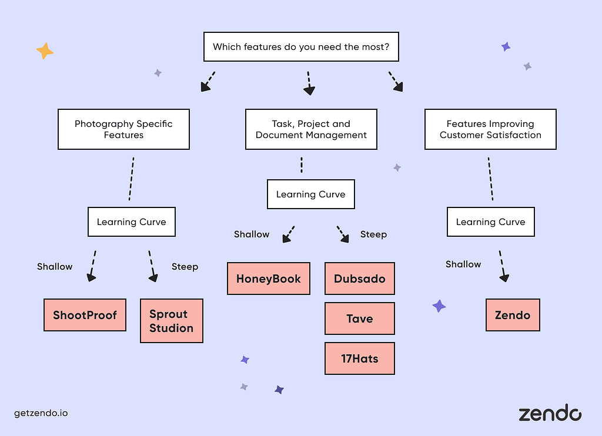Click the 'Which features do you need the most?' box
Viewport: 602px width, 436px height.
click(x=301, y=47)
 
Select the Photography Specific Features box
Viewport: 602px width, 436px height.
click(x=123, y=129)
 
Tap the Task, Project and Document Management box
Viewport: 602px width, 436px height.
click(x=311, y=129)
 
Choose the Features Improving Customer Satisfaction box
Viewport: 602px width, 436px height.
click(x=490, y=129)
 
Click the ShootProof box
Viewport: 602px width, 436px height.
click(x=85, y=315)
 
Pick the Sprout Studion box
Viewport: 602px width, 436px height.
click(x=172, y=321)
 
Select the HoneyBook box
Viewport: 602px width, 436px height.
click(x=268, y=279)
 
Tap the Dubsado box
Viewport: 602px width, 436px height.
click(x=360, y=279)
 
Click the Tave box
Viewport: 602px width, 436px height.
click(x=360, y=318)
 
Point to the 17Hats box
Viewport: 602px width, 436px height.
click(x=360, y=358)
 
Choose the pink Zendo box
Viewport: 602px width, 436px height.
click(x=513, y=315)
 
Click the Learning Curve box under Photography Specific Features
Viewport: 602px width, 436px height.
click(x=132, y=222)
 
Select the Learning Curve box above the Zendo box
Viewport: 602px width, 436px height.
click(x=491, y=222)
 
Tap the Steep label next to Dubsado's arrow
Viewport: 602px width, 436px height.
click(x=373, y=234)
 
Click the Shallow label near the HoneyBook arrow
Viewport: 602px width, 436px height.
click(x=252, y=234)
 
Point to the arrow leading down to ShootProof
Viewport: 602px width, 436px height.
click(x=92, y=266)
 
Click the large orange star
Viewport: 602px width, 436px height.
click(x=45, y=51)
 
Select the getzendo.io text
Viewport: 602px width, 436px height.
click(x=41, y=413)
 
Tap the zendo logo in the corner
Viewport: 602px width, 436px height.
click(x=550, y=412)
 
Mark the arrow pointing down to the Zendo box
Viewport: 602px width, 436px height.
click(x=503, y=266)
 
